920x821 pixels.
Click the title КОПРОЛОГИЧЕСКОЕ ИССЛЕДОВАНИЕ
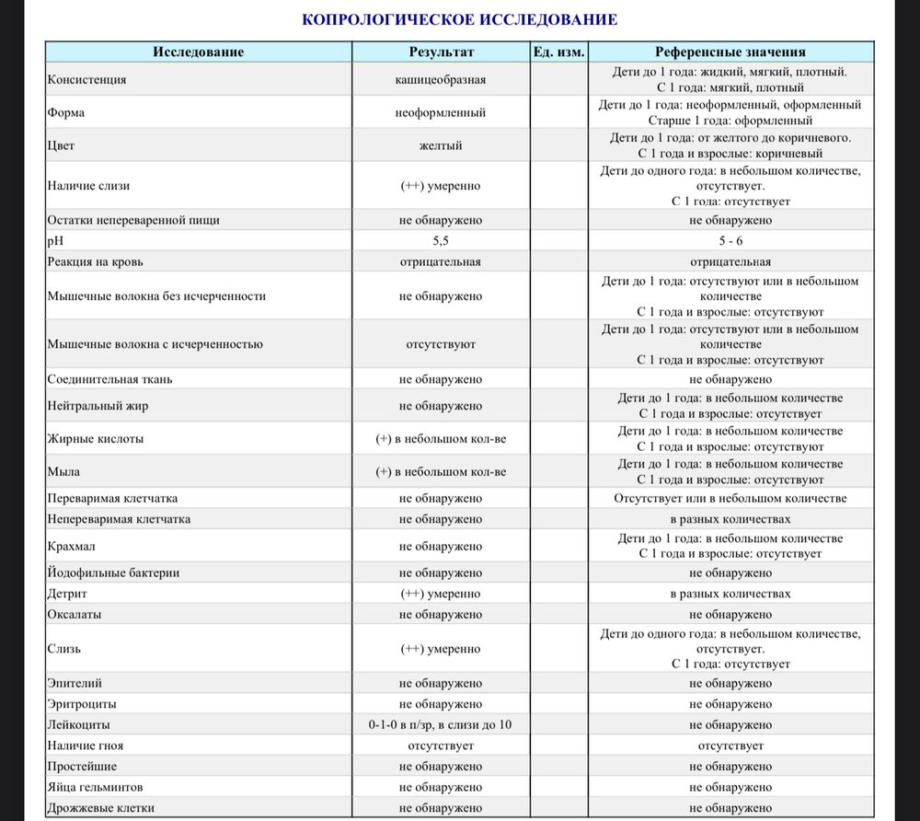[459, 19]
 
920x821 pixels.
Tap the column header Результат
[441, 52]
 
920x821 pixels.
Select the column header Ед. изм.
[558, 52]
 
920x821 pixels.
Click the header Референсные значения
[730, 52]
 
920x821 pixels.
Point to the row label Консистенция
[86, 79]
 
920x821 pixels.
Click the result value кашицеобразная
[441, 79]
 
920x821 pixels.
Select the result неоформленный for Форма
[441, 112]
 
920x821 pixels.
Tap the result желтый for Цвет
[441, 145]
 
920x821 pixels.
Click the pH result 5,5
[441, 241]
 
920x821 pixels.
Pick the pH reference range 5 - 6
[730, 241]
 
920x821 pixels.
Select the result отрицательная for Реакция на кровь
[441, 261]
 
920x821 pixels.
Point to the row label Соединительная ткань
[109, 378]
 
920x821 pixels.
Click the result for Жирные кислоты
[441, 439]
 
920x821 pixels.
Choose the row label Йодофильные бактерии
[113, 572]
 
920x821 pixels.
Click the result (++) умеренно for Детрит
[441, 594]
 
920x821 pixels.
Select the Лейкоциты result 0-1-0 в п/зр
[441, 724]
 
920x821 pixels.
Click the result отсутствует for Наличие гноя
[441, 746]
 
